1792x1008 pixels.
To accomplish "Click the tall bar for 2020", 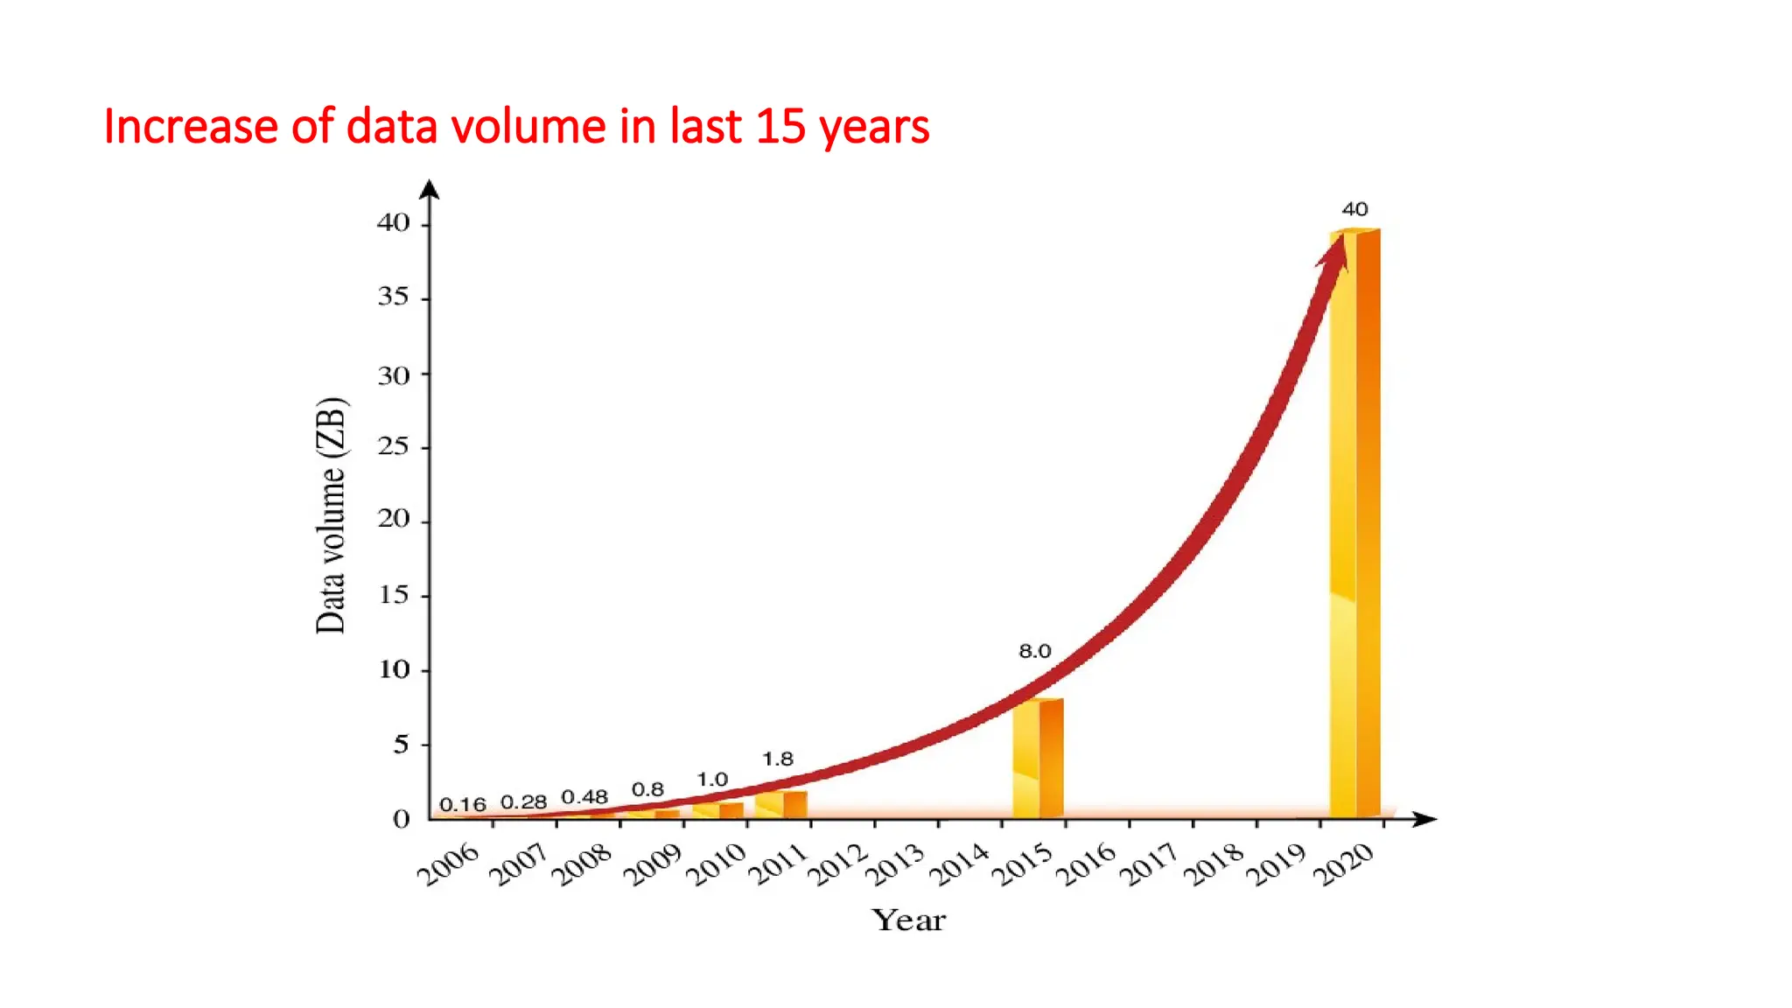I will point(1355,525).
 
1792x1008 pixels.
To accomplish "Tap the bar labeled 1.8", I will point(782,804).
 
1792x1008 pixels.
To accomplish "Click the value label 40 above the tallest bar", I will point(1354,209).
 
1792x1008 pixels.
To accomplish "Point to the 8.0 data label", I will point(1034,651).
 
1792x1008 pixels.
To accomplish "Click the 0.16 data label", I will point(462,804).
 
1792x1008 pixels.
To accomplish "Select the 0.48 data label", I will point(584,797).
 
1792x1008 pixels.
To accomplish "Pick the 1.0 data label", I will point(712,779).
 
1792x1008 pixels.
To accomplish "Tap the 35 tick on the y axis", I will point(394,297).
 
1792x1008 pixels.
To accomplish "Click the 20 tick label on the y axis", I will point(394,519).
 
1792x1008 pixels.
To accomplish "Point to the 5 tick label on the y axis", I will point(401,744).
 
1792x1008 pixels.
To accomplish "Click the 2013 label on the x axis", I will point(894,864).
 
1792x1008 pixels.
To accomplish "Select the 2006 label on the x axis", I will point(448,864).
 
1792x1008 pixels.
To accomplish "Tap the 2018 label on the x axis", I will point(1214,864).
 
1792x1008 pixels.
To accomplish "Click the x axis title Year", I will point(909,920).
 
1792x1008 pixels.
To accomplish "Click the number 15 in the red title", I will point(780,126).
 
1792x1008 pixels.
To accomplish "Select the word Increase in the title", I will point(191,126).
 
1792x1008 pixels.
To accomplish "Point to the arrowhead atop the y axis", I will point(429,188).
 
